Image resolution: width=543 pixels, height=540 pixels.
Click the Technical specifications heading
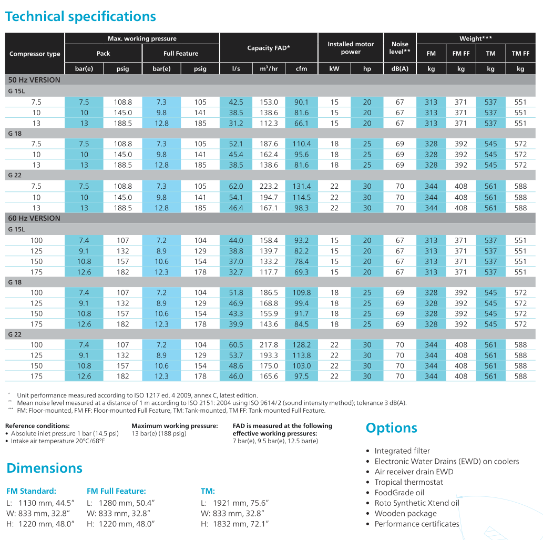(80, 16)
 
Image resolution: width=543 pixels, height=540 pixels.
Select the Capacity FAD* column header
(269, 48)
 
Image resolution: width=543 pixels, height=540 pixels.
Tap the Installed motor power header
(351, 48)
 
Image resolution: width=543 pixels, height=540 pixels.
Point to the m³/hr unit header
(269, 69)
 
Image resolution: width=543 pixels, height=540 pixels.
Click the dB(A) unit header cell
(400, 69)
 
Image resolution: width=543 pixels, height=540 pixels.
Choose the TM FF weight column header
(520, 53)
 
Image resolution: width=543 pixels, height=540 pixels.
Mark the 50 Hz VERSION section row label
(34, 80)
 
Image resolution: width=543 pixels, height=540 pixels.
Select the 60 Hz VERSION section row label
(34, 218)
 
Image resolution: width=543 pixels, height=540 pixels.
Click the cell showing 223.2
(269, 186)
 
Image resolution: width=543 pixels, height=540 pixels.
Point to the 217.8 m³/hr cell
(269, 345)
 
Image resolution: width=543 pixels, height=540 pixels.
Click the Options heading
(391, 428)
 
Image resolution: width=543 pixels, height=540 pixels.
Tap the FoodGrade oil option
(399, 493)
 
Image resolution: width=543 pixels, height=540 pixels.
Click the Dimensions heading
(44, 468)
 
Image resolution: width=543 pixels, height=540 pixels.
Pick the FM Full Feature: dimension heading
(116, 491)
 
